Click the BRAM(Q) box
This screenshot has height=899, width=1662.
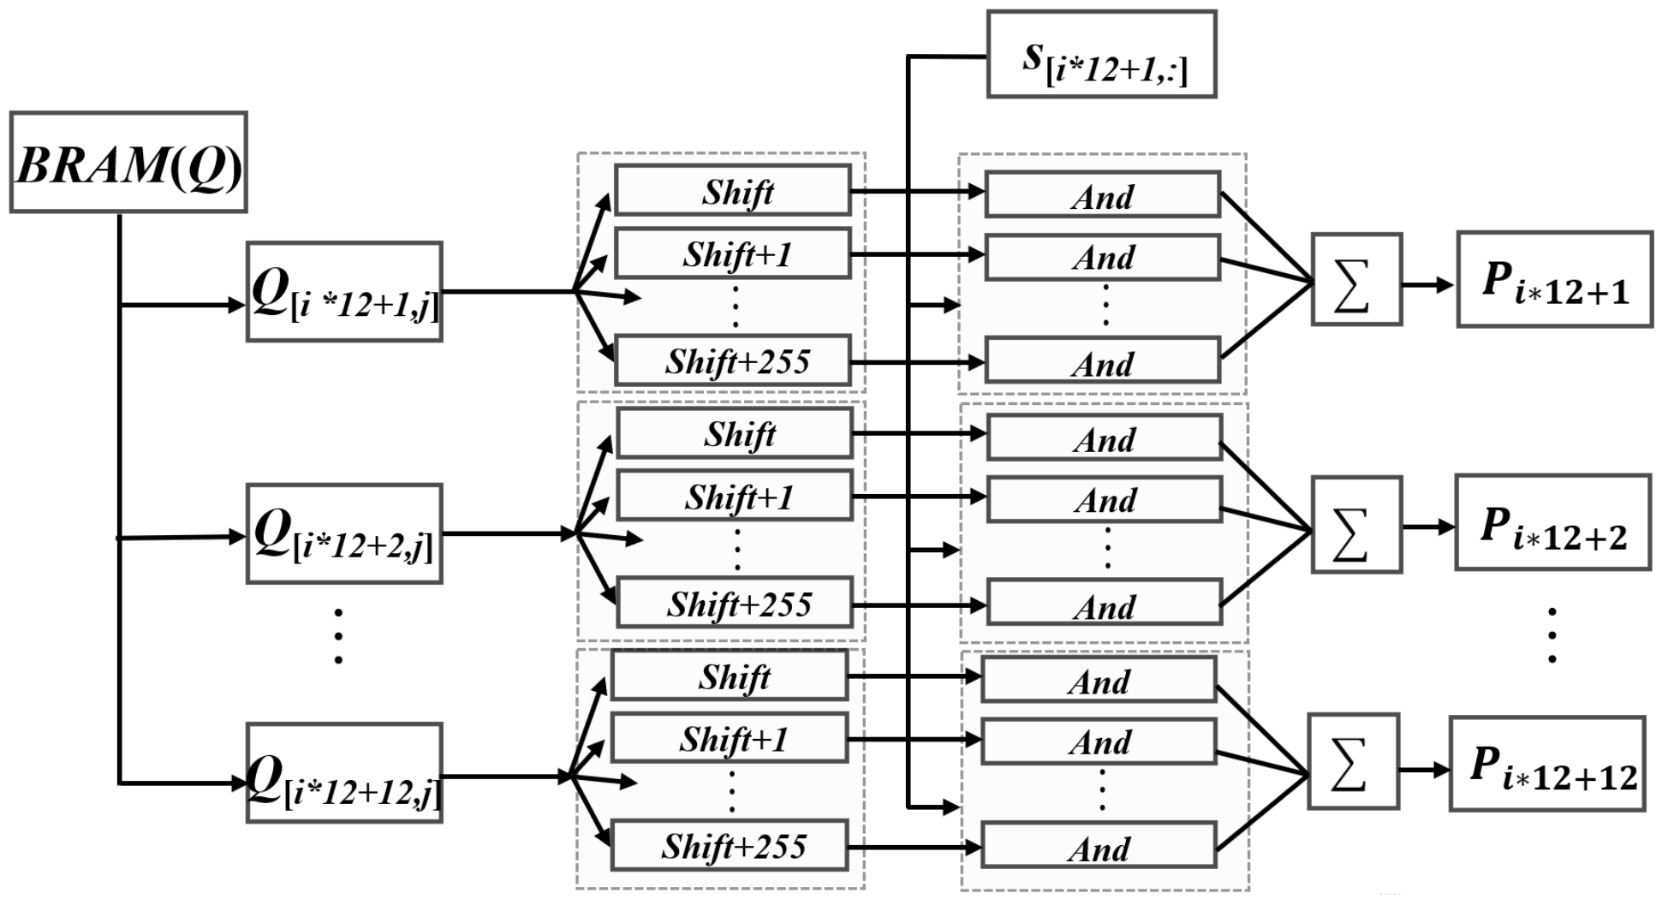pos(128,162)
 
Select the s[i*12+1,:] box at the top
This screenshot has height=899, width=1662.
pos(1101,54)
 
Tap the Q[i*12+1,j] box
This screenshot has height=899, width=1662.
pos(344,292)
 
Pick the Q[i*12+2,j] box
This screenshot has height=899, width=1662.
pos(344,534)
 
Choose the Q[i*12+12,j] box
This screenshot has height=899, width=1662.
pos(344,773)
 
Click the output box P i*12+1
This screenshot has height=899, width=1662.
pos(1554,279)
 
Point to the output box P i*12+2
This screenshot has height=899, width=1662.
pos(1552,522)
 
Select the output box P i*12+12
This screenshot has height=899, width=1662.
pos(1547,764)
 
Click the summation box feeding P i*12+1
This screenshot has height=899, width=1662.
pos(1356,279)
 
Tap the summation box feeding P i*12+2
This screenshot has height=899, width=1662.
pos(1356,525)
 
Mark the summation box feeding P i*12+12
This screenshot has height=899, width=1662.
pos(1353,761)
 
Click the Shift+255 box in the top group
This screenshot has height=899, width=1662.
pos(733,360)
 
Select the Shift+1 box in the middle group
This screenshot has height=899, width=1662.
pos(735,496)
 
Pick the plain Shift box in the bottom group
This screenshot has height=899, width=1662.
pos(730,676)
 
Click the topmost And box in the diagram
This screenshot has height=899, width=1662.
pos(1103,194)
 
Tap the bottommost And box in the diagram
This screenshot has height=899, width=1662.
pos(1099,846)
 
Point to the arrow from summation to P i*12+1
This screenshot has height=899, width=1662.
pos(1428,284)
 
